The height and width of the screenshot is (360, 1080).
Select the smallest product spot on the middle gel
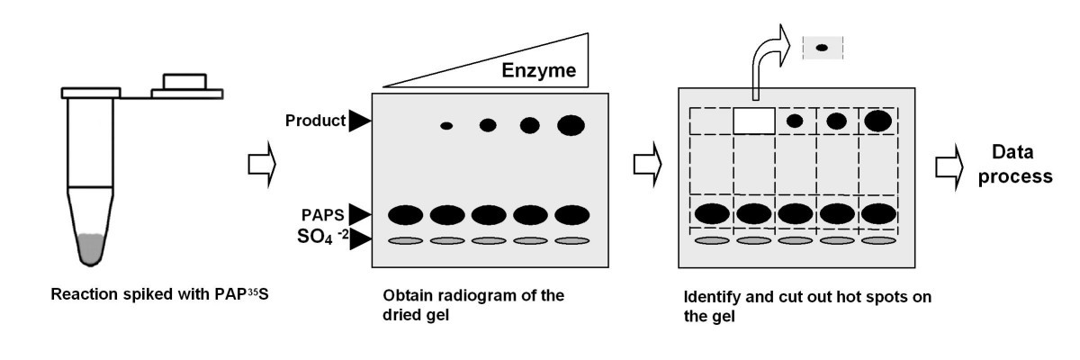pos(446,125)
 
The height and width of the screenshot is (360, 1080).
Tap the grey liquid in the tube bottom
pos(92,248)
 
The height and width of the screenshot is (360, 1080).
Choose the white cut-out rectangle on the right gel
pos(755,121)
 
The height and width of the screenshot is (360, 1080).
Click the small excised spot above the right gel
pos(822,48)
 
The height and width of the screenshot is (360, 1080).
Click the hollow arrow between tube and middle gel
pos(258,165)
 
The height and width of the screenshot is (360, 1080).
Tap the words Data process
pos(1017,165)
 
